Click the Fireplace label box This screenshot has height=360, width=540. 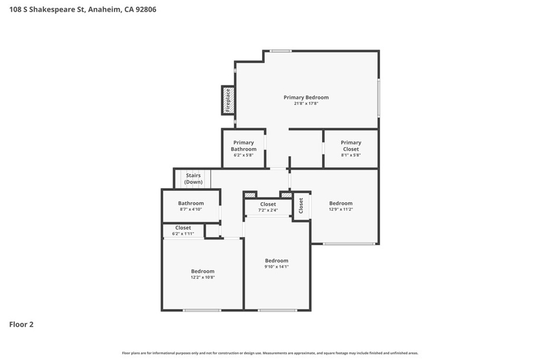tap(228, 100)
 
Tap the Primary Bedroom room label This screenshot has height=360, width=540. tap(306, 98)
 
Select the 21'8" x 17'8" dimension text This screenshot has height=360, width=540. tap(306, 103)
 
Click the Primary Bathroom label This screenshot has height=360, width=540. tap(244, 145)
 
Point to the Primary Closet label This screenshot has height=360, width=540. tap(351, 145)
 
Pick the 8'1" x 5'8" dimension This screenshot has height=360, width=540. tap(351, 155)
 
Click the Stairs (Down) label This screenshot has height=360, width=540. tap(193, 179)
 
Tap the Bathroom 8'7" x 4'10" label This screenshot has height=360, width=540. tap(191, 206)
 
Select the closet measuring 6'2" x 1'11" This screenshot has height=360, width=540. tap(183, 230)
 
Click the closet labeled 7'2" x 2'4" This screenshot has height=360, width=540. tap(268, 207)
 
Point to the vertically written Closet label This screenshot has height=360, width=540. tap(301, 206)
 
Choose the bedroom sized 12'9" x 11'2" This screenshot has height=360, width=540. tap(341, 206)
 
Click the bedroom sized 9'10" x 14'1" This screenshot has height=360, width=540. tap(276, 264)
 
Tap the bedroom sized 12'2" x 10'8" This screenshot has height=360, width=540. tap(203, 274)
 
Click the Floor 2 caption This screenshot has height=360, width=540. tap(21, 324)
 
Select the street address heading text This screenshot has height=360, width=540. tap(83, 9)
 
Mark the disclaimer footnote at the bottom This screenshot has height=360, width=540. tap(270, 353)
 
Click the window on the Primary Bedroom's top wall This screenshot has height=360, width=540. tap(281, 51)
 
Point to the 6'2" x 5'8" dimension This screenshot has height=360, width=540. tap(244, 155)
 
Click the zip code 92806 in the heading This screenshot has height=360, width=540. tap(146, 9)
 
